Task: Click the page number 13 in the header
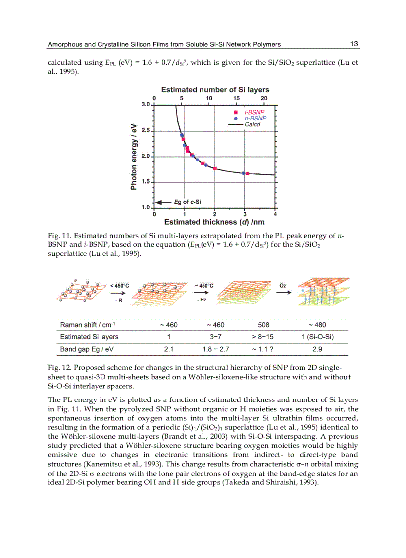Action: click(x=354, y=44)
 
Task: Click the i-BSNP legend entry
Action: click(x=254, y=113)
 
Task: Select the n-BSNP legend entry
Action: click(x=254, y=119)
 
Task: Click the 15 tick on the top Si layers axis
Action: click(x=236, y=98)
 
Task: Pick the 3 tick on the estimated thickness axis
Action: click(x=244, y=214)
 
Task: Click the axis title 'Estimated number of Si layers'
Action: click(x=215, y=90)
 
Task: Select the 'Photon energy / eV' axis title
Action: click(x=134, y=156)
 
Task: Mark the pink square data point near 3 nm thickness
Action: click(x=248, y=173)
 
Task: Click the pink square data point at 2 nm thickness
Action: click(x=215, y=169)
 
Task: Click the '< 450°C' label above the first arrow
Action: click(x=120, y=286)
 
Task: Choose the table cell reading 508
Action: click(x=264, y=325)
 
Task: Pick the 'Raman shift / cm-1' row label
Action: click(x=88, y=325)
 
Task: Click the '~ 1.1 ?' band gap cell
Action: click(x=264, y=349)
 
